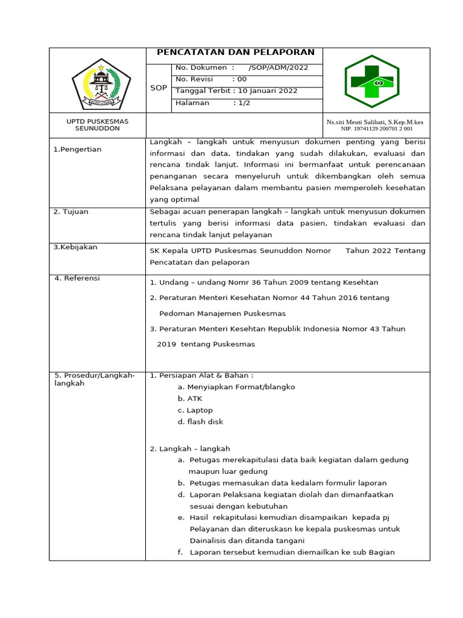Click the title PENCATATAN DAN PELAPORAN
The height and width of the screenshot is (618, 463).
pyautogui.click(x=236, y=53)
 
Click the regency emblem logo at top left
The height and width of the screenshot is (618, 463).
pyautogui.click(x=101, y=86)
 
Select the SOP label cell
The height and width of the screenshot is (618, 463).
pyautogui.click(x=159, y=88)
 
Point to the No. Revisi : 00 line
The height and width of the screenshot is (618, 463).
pyautogui.click(x=211, y=79)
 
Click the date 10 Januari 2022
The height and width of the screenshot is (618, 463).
pyautogui.click(x=268, y=91)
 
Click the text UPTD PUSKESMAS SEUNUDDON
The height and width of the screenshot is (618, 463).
pyautogui.click(x=97, y=125)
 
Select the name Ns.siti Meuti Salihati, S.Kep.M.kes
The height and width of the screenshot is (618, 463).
pyautogui.click(x=375, y=122)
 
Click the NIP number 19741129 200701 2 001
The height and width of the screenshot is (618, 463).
pyautogui.click(x=377, y=129)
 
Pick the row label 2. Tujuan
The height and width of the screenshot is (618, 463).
pyautogui.click(x=72, y=212)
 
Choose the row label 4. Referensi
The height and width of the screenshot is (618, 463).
pyautogui.click(x=77, y=278)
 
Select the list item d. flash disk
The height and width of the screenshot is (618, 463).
pyautogui.click(x=200, y=422)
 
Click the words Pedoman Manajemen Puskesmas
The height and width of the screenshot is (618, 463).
pyautogui.click(x=222, y=314)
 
